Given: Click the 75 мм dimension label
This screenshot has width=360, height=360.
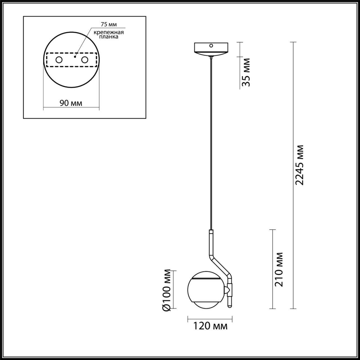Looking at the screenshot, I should point(108,25).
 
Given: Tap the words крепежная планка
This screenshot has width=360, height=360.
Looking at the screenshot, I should point(109,35).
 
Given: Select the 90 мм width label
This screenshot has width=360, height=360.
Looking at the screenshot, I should point(71,103).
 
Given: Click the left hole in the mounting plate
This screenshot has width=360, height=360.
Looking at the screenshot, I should point(59,60).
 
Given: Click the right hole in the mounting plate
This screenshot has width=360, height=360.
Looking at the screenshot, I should point(84,60).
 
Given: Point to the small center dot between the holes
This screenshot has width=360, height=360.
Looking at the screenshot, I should point(75,57).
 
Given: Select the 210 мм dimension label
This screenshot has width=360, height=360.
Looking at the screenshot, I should point(279,269).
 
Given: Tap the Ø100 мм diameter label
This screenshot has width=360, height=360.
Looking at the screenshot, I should point(167,290).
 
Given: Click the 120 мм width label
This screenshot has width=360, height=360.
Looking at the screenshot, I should point(210,326).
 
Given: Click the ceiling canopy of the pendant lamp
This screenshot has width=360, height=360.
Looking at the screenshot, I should point(211,49).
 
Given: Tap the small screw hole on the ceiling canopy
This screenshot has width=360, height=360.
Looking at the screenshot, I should point(211,45).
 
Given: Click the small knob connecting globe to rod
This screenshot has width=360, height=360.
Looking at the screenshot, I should point(227,290).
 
